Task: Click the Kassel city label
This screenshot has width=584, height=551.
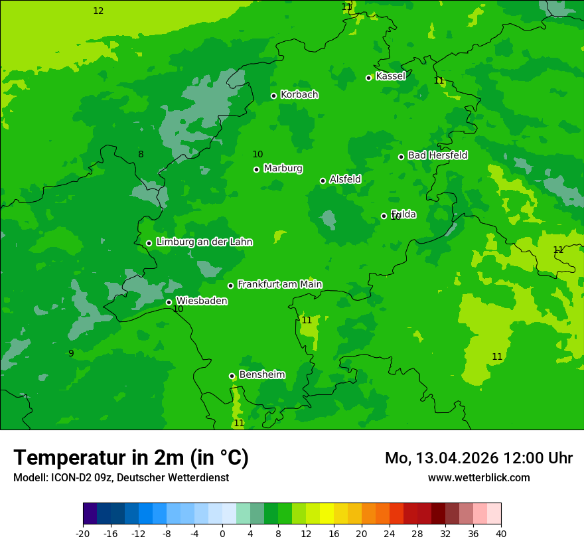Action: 390,76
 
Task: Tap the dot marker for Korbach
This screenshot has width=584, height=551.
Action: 273,96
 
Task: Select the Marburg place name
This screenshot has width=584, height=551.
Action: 283,169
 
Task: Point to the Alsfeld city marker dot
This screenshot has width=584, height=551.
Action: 323,181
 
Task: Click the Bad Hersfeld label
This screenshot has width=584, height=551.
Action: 437,155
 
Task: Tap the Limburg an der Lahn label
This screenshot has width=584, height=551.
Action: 204,242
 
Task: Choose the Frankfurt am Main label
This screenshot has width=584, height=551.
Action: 279,285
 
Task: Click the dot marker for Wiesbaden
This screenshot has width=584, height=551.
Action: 169,302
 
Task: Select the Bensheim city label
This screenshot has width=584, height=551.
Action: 261,375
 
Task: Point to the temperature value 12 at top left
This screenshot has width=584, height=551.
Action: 98,11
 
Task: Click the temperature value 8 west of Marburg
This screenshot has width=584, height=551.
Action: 141,155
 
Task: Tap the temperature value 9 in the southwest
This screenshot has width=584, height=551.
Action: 71,353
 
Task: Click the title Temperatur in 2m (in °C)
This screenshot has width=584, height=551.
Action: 131,457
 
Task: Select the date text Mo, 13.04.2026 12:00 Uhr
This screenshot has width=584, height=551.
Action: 478,458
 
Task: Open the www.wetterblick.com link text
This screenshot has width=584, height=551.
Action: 478,477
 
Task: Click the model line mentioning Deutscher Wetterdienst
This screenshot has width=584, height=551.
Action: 121,477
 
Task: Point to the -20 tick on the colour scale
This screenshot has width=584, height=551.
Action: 83,533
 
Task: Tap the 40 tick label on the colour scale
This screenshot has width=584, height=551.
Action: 500,533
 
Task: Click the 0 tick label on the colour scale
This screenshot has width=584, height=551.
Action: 222,533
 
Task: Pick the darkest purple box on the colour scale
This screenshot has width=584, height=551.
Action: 90,514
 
